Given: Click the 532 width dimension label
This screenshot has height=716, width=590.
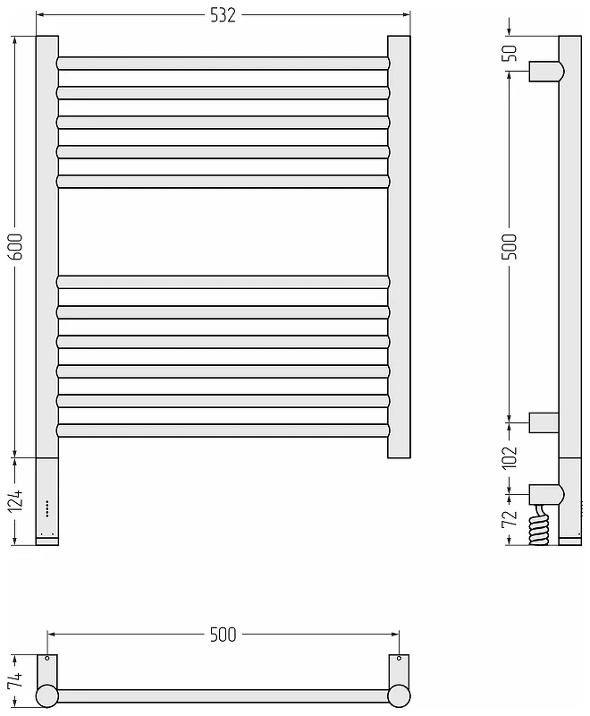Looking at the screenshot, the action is pos(223,15).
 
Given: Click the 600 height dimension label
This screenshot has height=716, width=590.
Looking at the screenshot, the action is pos(15,247).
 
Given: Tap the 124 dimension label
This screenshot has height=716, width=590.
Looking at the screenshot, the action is pos(15,500).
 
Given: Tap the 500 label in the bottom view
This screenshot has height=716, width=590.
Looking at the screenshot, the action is pos(223,635).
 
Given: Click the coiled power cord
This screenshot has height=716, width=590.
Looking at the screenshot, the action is pos(539,524).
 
